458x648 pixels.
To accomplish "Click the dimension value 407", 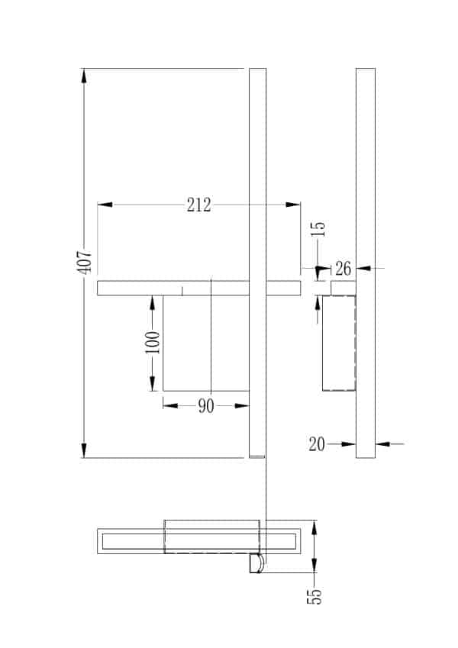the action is tap(85, 261).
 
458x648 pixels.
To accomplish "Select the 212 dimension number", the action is tap(198, 205).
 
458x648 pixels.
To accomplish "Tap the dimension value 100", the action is tap(153, 342).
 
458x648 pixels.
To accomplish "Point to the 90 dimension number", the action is tap(206, 406).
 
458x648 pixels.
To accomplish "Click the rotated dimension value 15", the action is tap(318, 228).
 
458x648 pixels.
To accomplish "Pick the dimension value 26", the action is tap(343, 269).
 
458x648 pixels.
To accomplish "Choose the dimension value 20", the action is tap(317, 444).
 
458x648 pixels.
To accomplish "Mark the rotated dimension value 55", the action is tap(314, 595).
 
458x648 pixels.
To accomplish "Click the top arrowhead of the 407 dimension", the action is tap(84, 76).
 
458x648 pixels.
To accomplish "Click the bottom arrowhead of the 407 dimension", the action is tap(84, 450).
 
